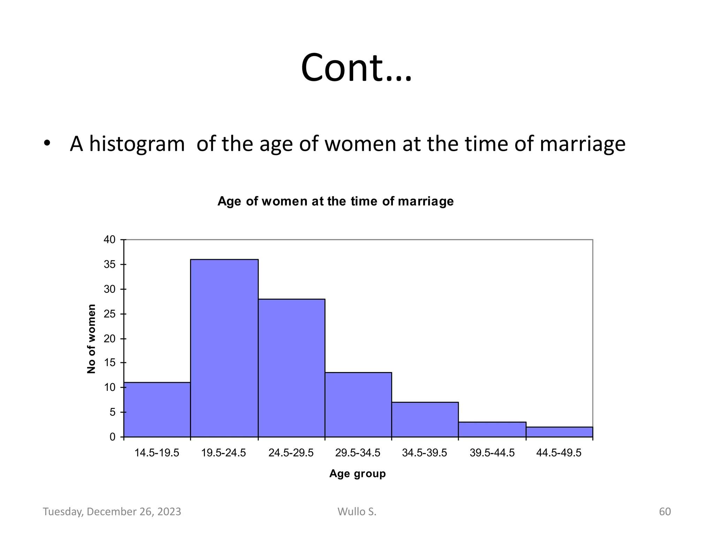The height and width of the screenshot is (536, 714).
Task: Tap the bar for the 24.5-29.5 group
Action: pyautogui.click(x=291, y=368)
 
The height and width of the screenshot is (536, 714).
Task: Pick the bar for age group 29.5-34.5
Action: pyautogui.click(x=358, y=404)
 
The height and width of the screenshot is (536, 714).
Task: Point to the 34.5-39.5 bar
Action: pyautogui.click(x=425, y=419)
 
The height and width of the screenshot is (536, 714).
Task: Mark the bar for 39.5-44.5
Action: pyautogui.click(x=492, y=430)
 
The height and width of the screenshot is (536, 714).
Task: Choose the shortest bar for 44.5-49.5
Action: pyautogui.click(x=559, y=432)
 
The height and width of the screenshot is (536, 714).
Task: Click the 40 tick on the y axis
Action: pyautogui.click(x=109, y=240)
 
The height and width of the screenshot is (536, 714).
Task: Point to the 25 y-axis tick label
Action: pyautogui.click(x=109, y=314)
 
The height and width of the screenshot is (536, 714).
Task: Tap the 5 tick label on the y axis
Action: pyautogui.click(x=112, y=412)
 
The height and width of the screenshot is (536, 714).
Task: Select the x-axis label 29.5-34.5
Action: pyautogui.click(x=358, y=453)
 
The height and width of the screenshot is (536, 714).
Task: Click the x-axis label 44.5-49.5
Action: pyautogui.click(x=559, y=453)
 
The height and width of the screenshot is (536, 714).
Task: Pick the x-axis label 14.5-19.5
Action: pyautogui.click(x=157, y=453)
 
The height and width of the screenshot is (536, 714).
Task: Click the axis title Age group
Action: pyautogui.click(x=357, y=474)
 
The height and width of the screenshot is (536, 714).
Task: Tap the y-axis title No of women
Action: pyautogui.click(x=91, y=339)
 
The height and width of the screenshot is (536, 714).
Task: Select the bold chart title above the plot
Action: pyautogui.click(x=335, y=201)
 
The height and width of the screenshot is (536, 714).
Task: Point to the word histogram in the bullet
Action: pyautogui.click(x=137, y=144)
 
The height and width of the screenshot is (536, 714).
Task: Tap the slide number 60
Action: pyautogui.click(x=664, y=512)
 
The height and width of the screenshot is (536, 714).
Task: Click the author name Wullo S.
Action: pyautogui.click(x=357, y=512)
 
